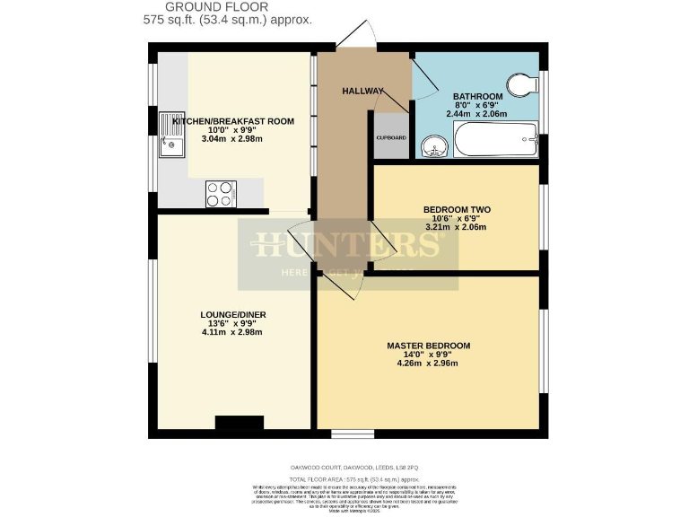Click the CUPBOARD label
coord(390,137)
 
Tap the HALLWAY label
coord(363,91)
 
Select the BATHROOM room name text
coord(477,96)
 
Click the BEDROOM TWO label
coord(457,209)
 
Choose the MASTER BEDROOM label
coord(428,345)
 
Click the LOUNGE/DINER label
coord(232,314)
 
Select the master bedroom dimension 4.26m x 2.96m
coord(427,364)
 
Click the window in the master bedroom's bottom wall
coord(352,434)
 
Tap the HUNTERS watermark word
coord(347,244)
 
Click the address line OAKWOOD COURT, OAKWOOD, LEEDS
coord(347,468)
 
